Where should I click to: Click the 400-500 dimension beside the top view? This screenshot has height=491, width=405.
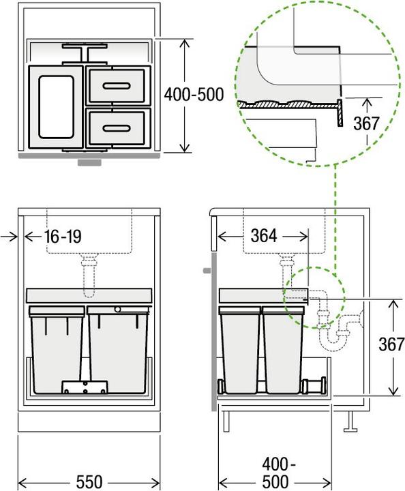pos(194,95)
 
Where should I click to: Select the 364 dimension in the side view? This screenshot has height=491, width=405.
pos(264,235)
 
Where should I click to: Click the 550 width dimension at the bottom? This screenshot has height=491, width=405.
pos(89,481)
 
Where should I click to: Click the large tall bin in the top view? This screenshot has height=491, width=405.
pos(55,106)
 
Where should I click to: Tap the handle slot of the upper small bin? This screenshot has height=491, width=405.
pos(117,85)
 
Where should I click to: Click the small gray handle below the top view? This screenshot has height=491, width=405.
pos(90,163)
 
